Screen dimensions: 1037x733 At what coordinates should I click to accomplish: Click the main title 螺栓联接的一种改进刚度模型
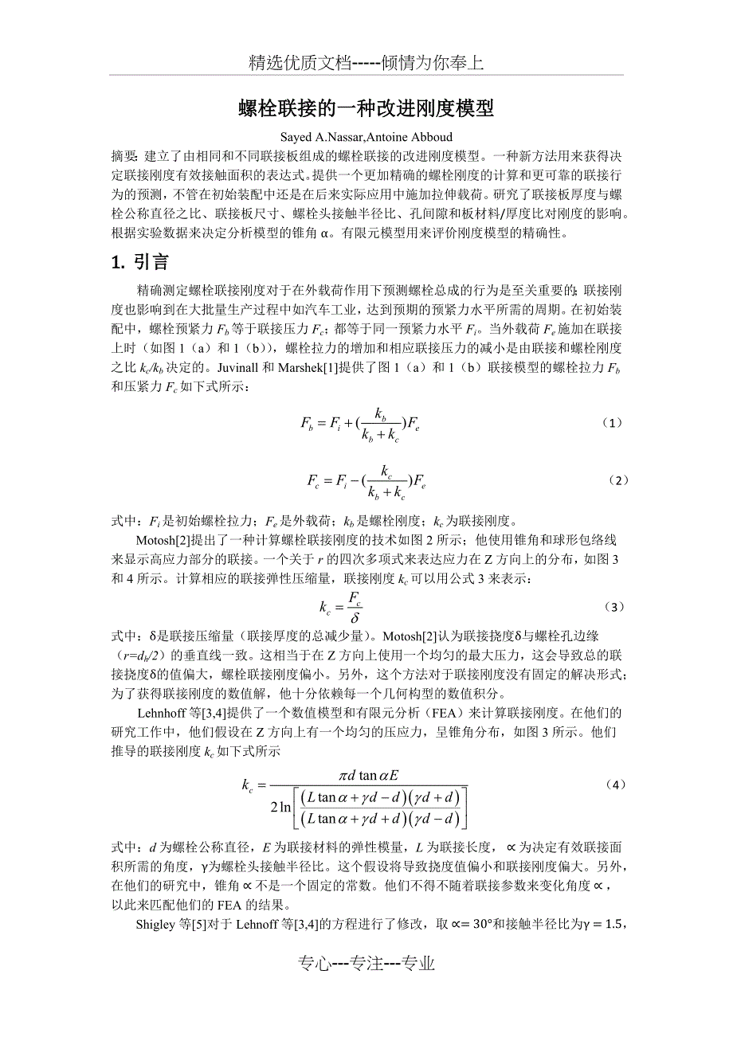(366, 108)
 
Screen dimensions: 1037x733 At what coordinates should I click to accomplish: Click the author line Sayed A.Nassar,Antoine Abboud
(366, 136)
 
